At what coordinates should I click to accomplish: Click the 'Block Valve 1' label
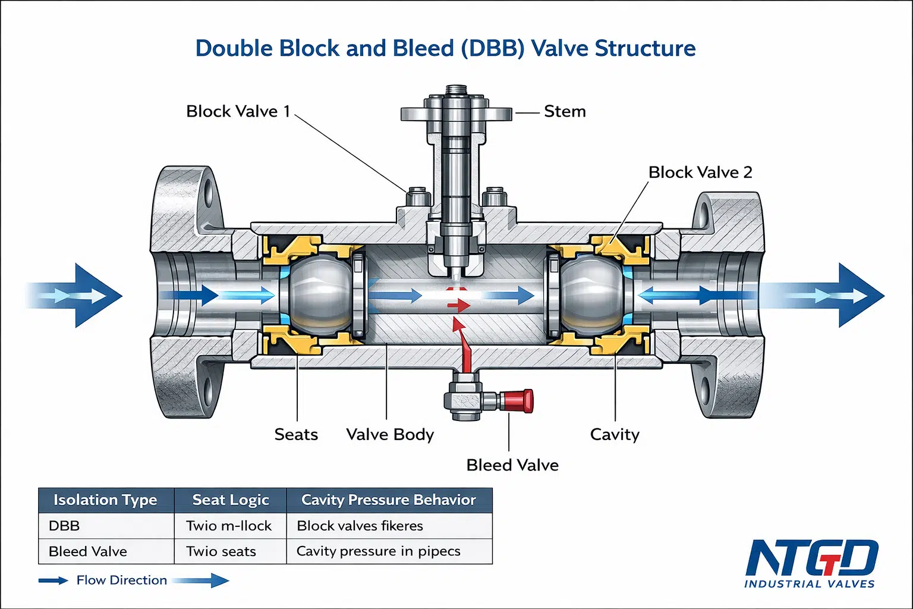point(238,111)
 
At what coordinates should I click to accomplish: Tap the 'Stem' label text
point(565,111)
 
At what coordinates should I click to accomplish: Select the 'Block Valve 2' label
point(700,172)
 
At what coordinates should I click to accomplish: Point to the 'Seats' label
point(296,434)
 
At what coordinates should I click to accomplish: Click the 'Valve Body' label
point(390,435)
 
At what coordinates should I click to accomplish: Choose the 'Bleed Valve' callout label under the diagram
point(512,466)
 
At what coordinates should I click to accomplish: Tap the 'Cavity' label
point(615,435)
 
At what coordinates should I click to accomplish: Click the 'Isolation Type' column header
point(105,500)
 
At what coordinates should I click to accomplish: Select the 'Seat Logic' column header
point(231,500)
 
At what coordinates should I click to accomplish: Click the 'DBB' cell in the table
point(64,526)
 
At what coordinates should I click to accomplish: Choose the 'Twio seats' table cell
point(221,551)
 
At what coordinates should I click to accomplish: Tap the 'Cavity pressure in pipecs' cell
point(378,551)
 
